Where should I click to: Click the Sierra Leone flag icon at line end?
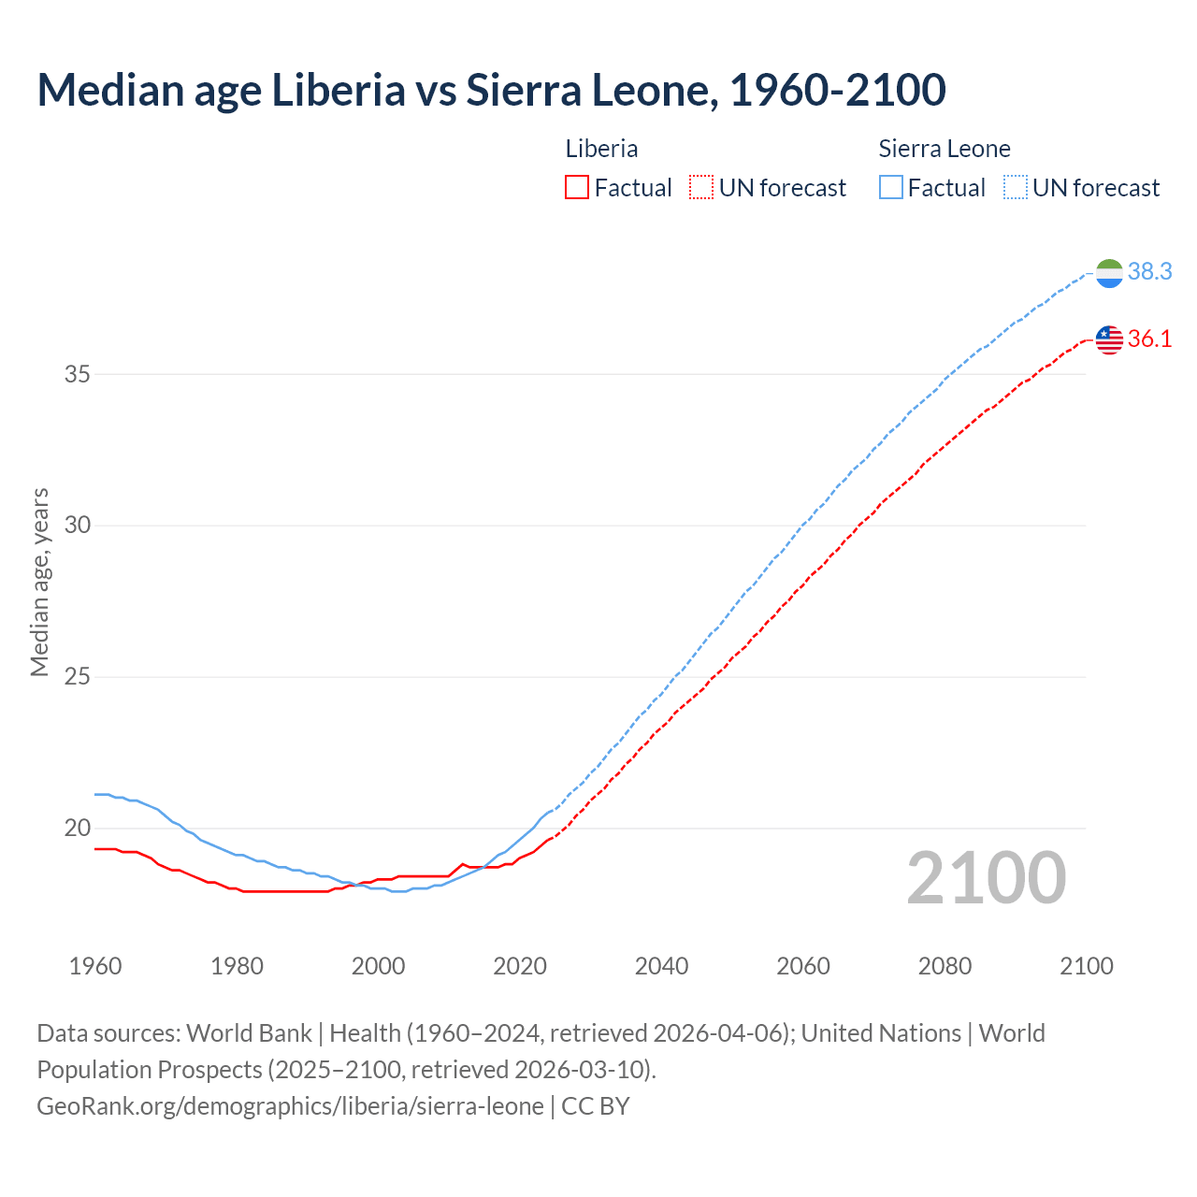[1109, 273]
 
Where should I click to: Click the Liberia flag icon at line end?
[1109, 339]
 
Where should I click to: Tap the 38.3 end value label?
[1149, 271]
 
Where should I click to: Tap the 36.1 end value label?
[1149, 339]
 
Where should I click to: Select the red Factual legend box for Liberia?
[577, 188]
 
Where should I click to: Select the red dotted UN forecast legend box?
[701, 188]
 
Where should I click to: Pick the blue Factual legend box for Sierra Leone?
[891, 188]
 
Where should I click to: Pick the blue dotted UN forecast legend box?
[1016, 188]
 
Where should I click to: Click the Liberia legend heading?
[601, 149]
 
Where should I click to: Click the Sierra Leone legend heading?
[945, 149]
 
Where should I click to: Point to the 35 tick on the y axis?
[78, 374]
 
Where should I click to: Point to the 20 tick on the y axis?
[78, 828]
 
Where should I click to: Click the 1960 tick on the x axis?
[95, 966]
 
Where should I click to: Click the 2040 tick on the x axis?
[661, 966]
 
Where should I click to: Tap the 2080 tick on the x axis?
[945, 966]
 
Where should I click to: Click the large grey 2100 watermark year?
[987, 878]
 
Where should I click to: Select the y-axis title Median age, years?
[39, 582]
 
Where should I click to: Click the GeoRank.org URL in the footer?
[290, 1106]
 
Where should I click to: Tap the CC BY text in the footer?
[596, 1106]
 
